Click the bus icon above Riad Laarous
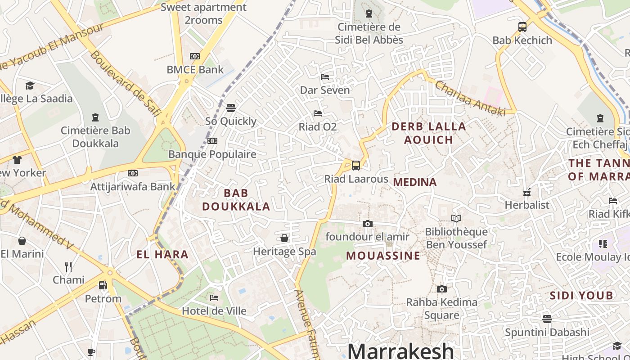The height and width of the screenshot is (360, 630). [x=355, y=165]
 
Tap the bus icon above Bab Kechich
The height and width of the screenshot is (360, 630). [x=522, y=27]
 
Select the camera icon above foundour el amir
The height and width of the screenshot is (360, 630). [x=367, y=224]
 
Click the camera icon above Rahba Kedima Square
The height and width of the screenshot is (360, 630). [x=441, y=289]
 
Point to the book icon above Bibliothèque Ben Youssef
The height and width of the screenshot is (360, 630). [x=456, y=219]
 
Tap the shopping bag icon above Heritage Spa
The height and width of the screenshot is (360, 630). [x=284, y=238]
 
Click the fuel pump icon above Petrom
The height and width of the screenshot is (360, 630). [x=103, y=285]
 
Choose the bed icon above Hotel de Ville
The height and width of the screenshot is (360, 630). [x=214, y=297]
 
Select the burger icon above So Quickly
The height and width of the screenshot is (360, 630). [x=230, y=108]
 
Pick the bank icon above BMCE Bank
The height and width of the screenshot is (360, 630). [x=194, y=56]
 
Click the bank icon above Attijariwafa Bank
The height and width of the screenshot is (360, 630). [x=132, y=173]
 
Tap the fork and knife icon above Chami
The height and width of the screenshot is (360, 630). [x=68, y=266]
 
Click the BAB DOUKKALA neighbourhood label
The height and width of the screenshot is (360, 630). [x=236, y=200]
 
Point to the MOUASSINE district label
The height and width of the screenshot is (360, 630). [x=383, y=256]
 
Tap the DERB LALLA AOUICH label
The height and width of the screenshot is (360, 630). [x=428, y=133]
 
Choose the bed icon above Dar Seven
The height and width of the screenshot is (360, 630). [x=324, y=77]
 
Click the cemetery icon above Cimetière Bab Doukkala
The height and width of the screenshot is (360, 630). [x=95, y=117]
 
